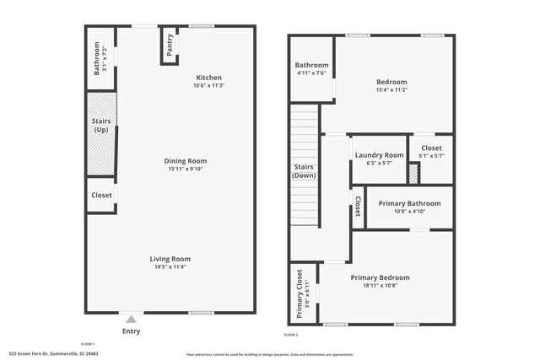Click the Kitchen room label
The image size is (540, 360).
[208, 77]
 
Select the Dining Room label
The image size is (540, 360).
[186, 161]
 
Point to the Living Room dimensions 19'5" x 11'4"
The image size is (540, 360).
[170, 267]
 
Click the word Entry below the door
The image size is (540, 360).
[131, 330]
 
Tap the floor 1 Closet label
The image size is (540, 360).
[101, 195]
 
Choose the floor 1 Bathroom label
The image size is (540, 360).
[97, 59]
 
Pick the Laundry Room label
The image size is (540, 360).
[379, 155]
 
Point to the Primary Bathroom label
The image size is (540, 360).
[409, 203]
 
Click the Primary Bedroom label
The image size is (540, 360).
[380, 277]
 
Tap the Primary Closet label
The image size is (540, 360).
[300, 293]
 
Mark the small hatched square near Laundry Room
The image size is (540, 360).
[413, 173]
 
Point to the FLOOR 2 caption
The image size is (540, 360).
[291, 336]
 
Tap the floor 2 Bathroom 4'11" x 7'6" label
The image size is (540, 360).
[311, 69]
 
